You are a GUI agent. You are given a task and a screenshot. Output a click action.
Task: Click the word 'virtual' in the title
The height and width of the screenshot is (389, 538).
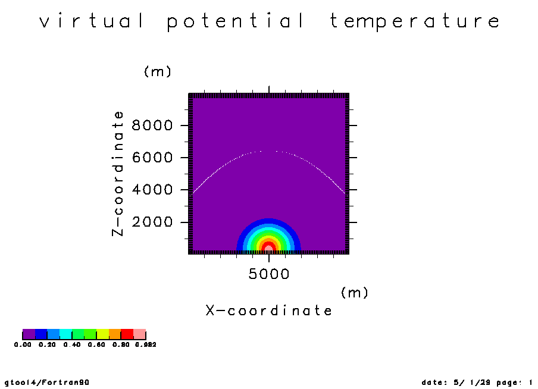[92, 21]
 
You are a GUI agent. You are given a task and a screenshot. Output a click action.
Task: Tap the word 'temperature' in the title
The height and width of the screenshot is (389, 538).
[415, 21]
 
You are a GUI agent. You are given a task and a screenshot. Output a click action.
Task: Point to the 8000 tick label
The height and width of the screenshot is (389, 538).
[152, 126]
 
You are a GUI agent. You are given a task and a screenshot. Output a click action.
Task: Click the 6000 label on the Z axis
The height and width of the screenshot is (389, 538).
[152, 158]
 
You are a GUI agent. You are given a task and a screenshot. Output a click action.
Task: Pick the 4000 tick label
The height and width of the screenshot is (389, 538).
[152, 190]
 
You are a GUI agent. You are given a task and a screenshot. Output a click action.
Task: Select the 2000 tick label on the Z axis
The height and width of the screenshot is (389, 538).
[152, 222]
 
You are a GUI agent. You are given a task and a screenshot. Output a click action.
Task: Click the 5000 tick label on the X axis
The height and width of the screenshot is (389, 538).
[269, 274]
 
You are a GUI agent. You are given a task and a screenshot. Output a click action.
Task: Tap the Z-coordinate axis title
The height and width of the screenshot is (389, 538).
[118, 174]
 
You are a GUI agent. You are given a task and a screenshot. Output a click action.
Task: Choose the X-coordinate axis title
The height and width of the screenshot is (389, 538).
[268, 310]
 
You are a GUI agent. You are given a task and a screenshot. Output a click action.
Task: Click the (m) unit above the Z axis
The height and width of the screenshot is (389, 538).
[158, 72]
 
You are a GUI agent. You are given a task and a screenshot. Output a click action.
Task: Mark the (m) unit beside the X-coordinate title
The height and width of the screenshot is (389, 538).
[355, 293]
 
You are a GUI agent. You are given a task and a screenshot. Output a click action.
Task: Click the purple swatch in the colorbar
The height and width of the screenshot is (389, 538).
[29, 334]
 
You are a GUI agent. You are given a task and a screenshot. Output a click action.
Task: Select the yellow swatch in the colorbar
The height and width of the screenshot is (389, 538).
[103, 334]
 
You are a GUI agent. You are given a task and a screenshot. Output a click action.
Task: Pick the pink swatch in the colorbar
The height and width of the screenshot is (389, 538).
[140, 334]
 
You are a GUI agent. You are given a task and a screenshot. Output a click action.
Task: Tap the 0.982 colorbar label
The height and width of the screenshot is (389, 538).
[145, 344]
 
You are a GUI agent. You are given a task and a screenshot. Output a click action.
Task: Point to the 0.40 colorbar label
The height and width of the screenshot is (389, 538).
[72, 344]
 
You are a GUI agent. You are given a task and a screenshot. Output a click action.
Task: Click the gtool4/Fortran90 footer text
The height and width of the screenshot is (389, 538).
[47, 382]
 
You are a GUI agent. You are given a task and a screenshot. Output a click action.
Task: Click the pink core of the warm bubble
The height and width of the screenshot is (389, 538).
[269, 249]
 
